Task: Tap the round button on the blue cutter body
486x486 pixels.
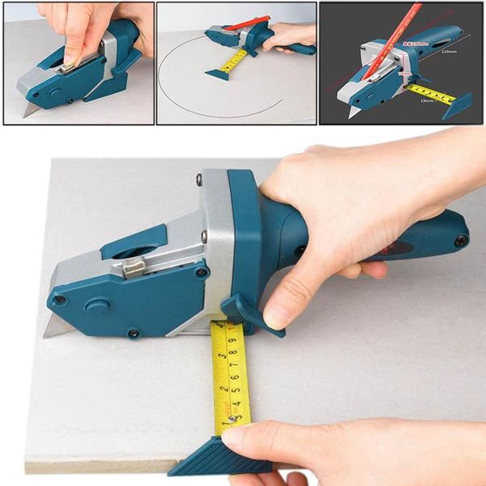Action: click(x=97, y=307)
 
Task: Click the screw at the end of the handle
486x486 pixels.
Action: click(x=460, y=240)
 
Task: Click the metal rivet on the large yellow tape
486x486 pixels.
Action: click(x=232, y=419)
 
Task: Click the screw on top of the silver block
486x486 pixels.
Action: click(x=198, y=180)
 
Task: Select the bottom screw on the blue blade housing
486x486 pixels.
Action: click(x=131, y=332)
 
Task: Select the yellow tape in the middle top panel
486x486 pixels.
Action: click(x=235, y=61)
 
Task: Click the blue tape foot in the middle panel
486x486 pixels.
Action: click(x=217, y=75)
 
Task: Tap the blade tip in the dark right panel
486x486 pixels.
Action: click(x=350, y=113)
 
